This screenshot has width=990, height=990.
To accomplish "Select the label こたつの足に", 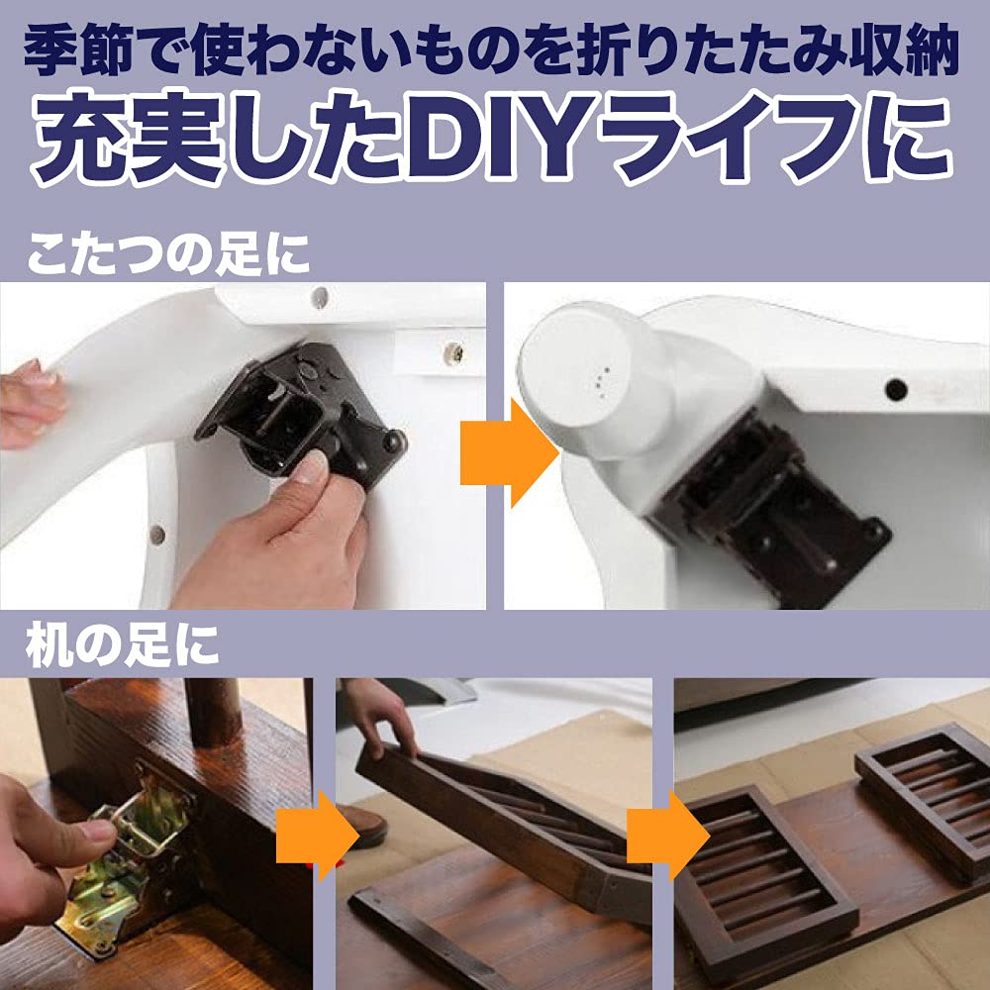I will click(x=168, y=255).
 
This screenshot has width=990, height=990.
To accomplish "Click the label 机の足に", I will click(x=123, y=645).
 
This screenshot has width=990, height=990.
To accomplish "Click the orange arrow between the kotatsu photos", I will click(x=508, y=450).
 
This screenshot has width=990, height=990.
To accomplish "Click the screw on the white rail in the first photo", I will click(x=454, y=349).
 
